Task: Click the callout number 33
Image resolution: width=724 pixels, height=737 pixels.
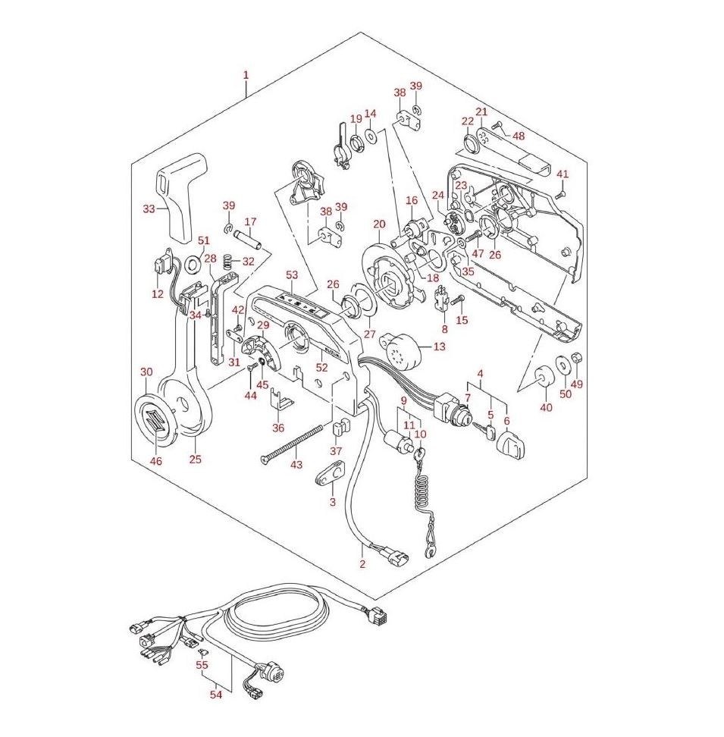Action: click(149, 209)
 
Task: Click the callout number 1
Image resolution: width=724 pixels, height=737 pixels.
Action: click(245, 75)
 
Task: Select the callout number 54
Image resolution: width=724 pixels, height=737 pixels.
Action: click(215, 694)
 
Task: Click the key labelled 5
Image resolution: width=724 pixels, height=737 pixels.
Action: click(485, 430)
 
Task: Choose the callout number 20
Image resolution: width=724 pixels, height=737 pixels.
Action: click(379, 224)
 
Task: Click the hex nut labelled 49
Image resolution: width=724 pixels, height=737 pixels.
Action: click(578, 358)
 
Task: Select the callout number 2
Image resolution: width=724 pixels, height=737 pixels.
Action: click(362, 564)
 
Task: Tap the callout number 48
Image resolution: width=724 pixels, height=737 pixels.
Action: click(519, 136)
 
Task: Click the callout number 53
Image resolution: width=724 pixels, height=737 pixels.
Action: click(292, 274)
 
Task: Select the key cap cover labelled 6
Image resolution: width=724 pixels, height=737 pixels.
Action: click(509, 444)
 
